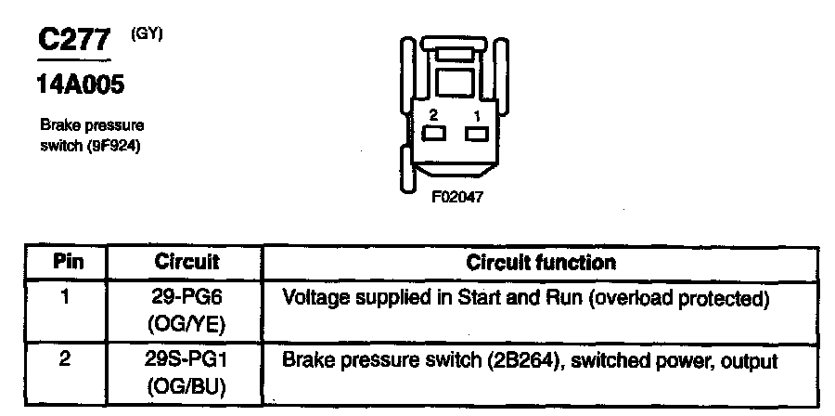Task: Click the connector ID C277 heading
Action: click(73, 40)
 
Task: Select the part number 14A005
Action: click(80, 86)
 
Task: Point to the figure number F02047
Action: click(455, 197)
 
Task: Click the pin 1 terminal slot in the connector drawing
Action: click(477, 136)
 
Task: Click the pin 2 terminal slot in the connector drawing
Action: click(433, 136)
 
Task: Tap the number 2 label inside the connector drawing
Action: click(432, 116)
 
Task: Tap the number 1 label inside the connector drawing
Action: click(477, 116)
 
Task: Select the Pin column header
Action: click(67, 262)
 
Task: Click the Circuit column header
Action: click(186, 262)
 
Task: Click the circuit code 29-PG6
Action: click(186, 299)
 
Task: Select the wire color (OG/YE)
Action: click(186, 324)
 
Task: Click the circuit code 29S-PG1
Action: click(186, 360)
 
